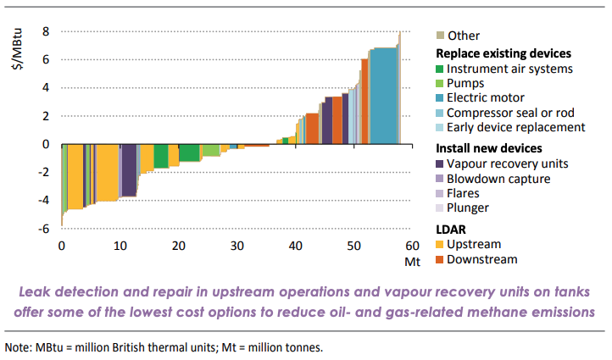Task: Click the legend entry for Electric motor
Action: pos(485,98)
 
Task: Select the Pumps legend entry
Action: pos(465,84)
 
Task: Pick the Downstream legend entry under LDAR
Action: pos(481,259)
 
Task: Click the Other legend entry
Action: pos(463,36)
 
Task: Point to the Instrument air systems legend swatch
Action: pos(439,69)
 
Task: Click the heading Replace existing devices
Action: pos(498,53)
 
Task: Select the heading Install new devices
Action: pos(484,148)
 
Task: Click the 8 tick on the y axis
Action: pos(47,31)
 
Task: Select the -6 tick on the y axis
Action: pos(44,228)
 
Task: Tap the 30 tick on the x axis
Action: pos(236,246)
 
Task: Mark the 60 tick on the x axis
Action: pos(413,246)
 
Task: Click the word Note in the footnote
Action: pos(19,347)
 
